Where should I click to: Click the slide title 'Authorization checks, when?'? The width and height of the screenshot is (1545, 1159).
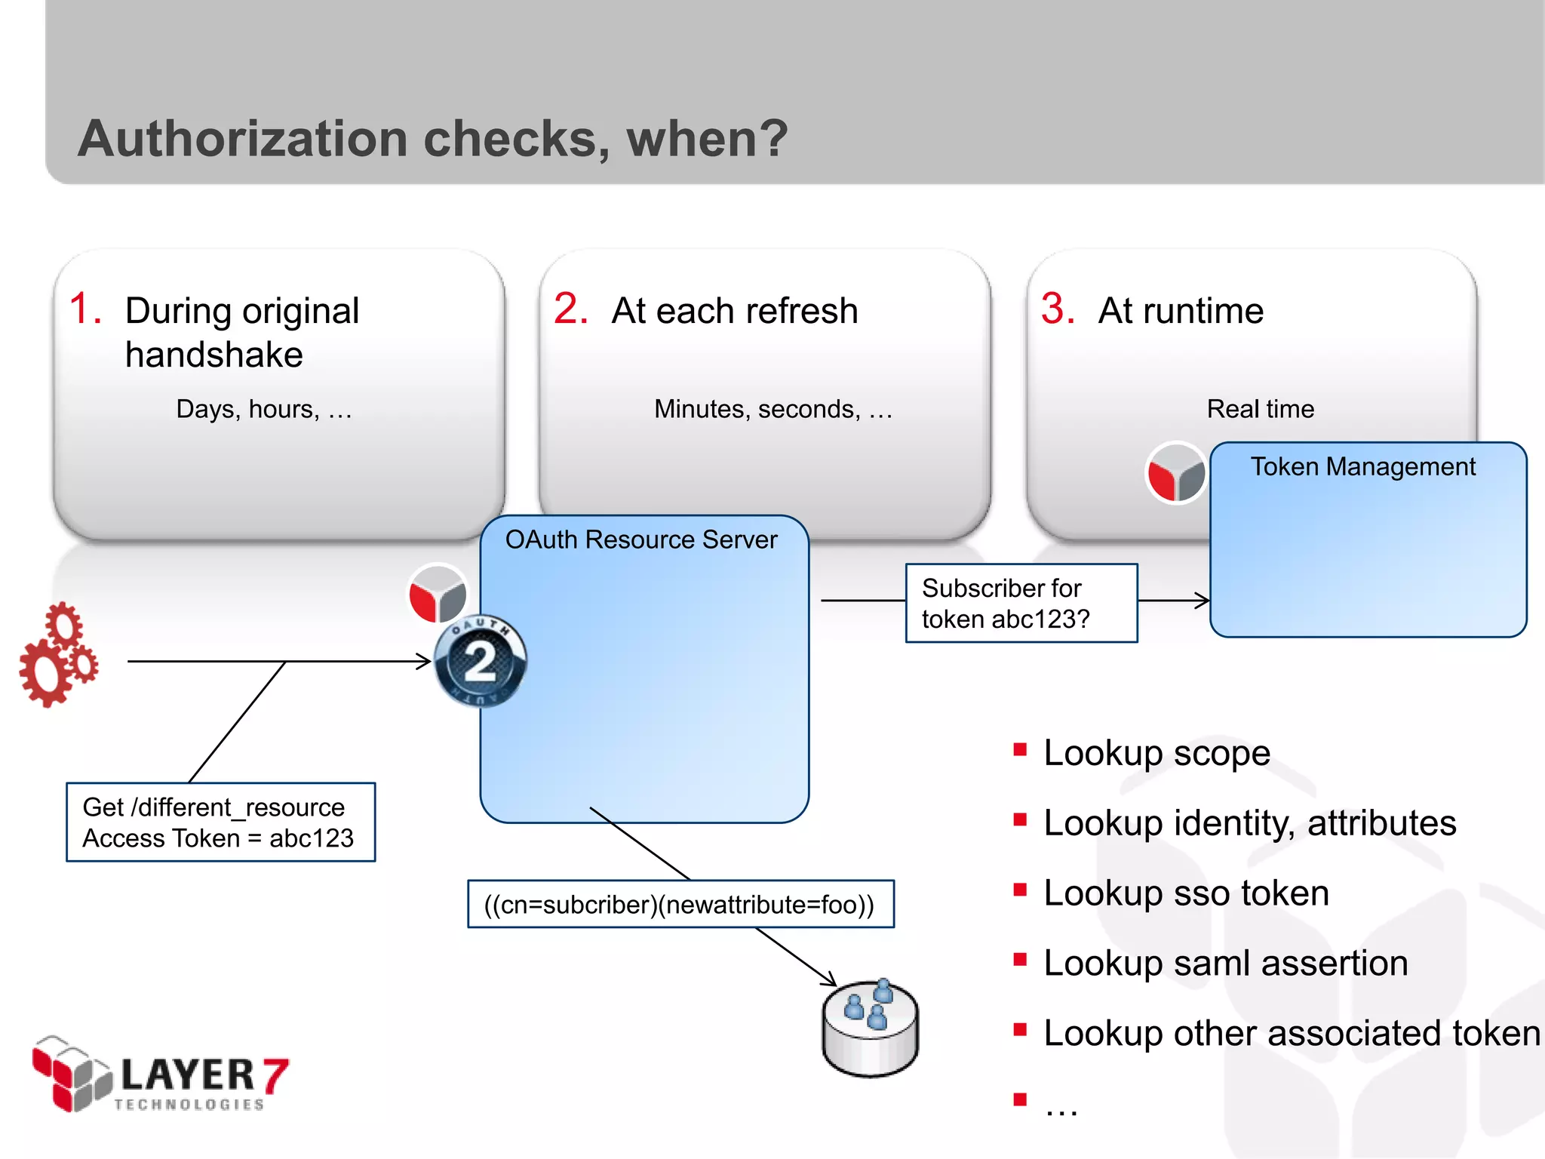coord(432,139)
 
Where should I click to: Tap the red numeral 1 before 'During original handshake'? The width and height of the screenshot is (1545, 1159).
coord(84,309)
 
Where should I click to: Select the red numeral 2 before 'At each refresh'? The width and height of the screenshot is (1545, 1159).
coord(570,309)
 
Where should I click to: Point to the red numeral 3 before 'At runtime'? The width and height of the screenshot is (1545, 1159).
coord(1057,309)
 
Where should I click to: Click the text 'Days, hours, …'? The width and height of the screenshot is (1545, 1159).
coord(264,409)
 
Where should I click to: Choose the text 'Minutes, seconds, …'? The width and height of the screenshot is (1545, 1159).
coord(773,409)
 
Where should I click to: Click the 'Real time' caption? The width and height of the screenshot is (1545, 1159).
coord(1260,409)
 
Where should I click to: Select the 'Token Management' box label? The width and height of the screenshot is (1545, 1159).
coord(1362,466)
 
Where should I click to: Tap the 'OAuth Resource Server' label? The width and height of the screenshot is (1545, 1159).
coord(640,540)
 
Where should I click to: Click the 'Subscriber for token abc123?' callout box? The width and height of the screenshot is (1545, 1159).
coord(1021,603)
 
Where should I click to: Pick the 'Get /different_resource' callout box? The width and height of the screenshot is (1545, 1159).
coord(220,822)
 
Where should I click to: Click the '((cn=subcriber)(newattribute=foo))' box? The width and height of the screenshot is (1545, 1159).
coord(680,903)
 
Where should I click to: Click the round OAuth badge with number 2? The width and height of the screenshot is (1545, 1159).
coord(481,662)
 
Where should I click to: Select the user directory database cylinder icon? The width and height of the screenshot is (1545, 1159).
coord(870,1028)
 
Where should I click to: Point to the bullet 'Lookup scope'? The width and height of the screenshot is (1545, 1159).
coord(1156,753)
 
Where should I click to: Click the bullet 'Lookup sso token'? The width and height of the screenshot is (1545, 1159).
coord(1185,893)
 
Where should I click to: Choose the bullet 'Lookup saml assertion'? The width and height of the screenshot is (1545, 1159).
coord(1225,963)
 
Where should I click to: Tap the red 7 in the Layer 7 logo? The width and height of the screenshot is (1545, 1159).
coord(275,1074)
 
